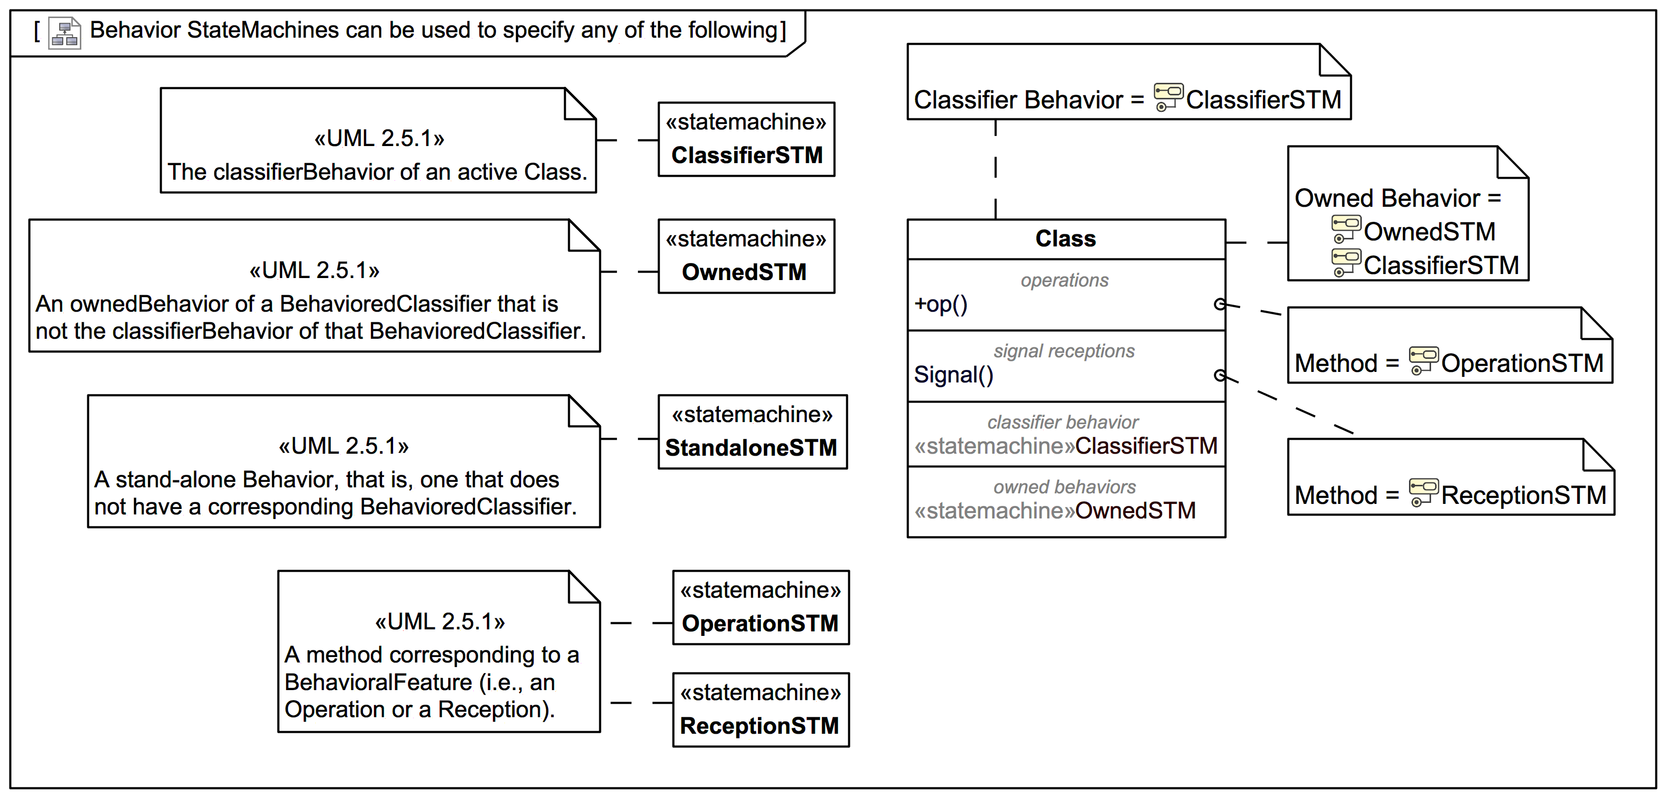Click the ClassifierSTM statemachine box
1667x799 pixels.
click(x=746, y=139)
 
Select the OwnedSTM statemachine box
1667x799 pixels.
click(x=746, y=256)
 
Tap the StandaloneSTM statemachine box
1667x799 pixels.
click(x=752, y=432)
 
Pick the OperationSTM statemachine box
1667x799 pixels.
click(x=760, y=607)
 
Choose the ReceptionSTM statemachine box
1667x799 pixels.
click(x=760, y=710)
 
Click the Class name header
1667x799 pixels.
click(x=1065, y=239)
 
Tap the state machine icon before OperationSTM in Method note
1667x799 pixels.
click(x=1423, y=360)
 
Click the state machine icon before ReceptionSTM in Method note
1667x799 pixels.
click(x=1423, y=492)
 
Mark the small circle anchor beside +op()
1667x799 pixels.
click(x=1219, y=304)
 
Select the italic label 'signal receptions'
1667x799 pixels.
click(x=1064, y=351)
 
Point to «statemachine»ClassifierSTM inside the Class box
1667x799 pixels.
click(x=1065, y=446)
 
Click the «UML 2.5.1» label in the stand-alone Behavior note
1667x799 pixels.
click(x=344, y=446)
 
